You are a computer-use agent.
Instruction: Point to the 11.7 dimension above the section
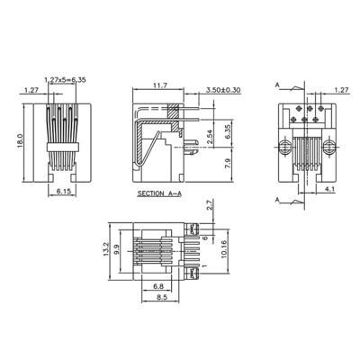click(x=160, y=86)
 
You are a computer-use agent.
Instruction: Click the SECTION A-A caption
click(x=159, y=193)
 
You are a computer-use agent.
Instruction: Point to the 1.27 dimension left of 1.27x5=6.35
click(x=31, y=90)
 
